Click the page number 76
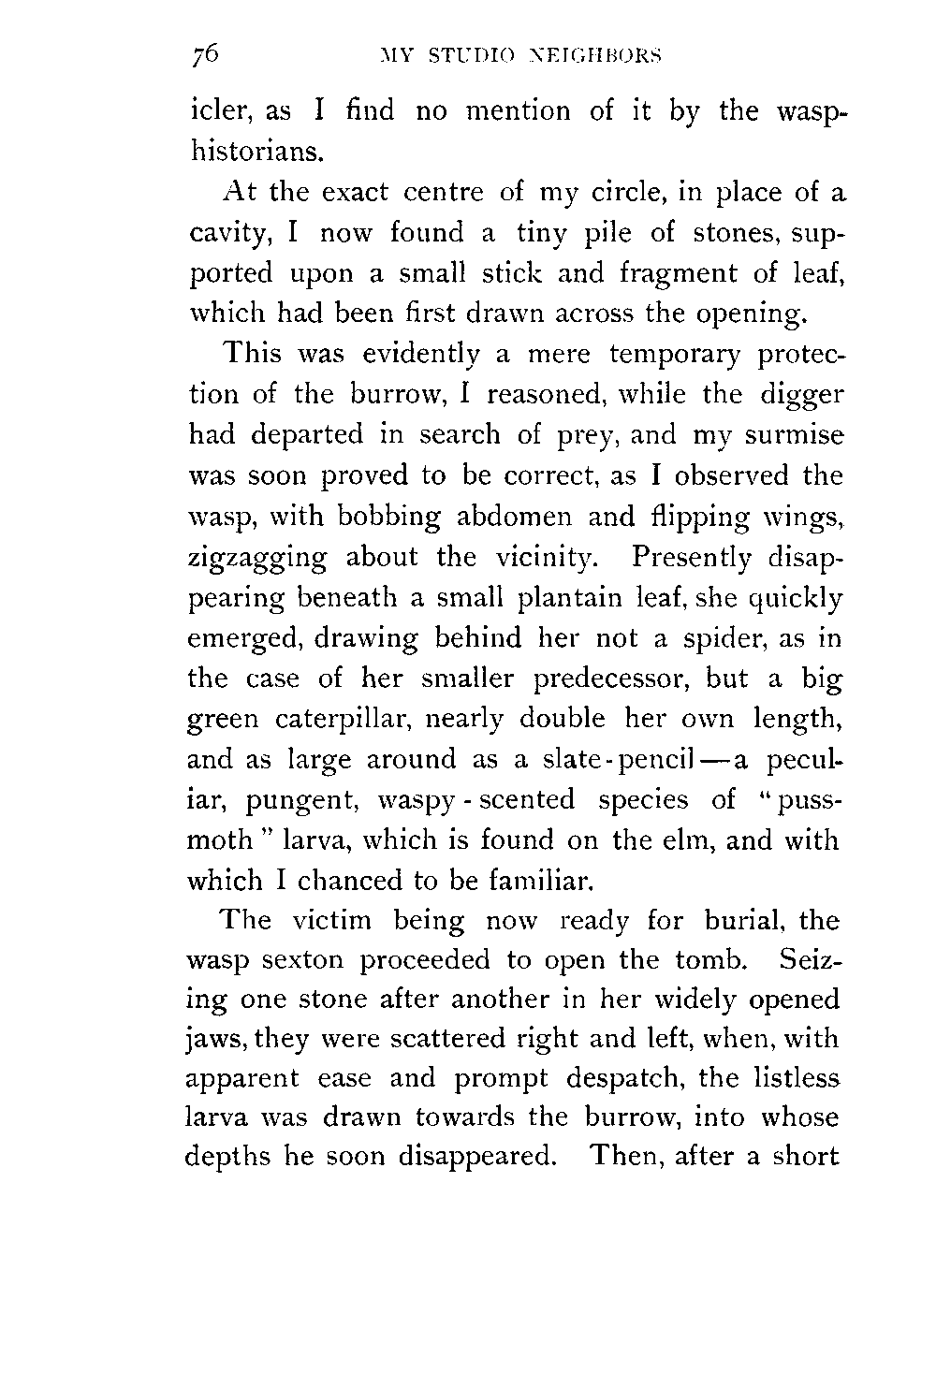202,55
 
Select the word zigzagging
258,559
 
